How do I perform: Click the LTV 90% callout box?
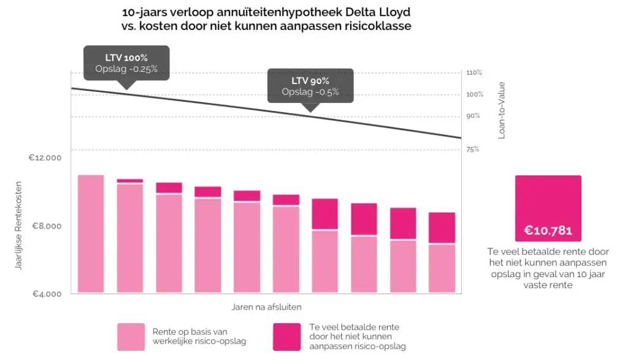tap(310, 86)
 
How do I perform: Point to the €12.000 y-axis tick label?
tap(45, 158)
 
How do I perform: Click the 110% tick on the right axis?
tap(475, 74)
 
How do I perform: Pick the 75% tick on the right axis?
tap(472, 150)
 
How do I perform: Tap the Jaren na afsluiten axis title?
tap(266, 306)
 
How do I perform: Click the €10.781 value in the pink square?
tap(548, 231)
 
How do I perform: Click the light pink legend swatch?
tap(131, 337)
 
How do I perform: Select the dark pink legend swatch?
tap(286, 337)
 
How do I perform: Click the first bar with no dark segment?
tap(91, 234)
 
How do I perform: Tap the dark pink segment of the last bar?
tap(442, 228)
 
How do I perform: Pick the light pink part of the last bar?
tap(442, 269)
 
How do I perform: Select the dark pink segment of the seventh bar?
tap(324, 214)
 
